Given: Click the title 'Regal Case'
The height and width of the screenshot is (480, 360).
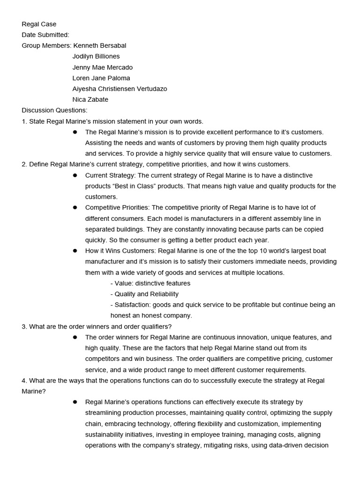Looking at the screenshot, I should tap(39, 24).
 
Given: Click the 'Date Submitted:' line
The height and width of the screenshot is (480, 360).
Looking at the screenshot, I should tap(45, 35).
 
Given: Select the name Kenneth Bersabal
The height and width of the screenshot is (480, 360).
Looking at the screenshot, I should tap(100, 45).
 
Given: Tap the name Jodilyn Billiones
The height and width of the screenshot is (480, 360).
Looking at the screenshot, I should tap(96, 56).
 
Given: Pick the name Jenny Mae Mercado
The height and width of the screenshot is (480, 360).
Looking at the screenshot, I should tap(103, 67).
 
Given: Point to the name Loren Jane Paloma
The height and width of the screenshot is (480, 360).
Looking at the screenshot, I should tap(101, 78).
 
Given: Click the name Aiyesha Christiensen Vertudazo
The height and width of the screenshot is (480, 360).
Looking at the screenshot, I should tap(120, 89).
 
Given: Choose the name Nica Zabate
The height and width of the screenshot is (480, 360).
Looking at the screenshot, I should tap(90, 99).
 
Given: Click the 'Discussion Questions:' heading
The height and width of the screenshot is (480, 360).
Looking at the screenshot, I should tap(54, 110).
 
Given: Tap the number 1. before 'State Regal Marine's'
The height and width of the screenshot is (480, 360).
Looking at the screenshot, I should tap(24, 121).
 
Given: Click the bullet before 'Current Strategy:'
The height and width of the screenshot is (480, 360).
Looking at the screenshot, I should tap(75, 175).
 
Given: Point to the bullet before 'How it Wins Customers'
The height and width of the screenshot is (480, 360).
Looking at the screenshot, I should tap(75, 251).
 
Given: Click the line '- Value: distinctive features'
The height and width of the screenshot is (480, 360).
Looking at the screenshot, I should tap(150, 283).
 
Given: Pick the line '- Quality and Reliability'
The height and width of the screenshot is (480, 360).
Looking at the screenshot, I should tap(144, 294).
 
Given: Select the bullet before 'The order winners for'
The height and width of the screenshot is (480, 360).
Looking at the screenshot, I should tap(75, 337).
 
